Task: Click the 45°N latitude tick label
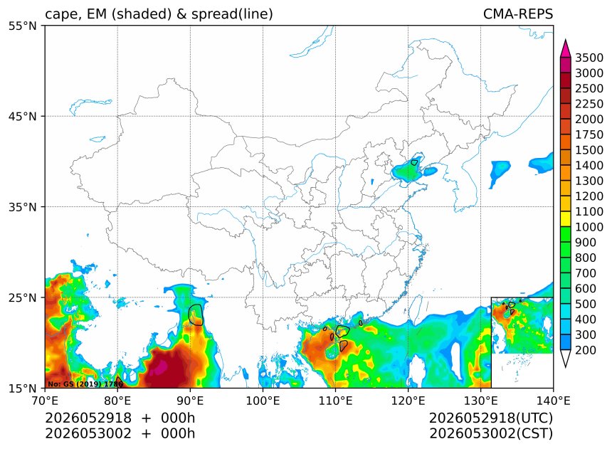(22, 117)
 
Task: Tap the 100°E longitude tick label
(263, 401)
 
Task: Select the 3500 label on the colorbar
(589, 58)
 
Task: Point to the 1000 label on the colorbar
(589, 227)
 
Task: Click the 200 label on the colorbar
(586, 350)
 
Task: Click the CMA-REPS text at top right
(518, 14)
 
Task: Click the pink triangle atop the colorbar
(566, 48)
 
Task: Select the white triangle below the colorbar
(566, 359)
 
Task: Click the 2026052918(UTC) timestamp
(491, 418)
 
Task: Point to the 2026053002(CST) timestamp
(491, 433)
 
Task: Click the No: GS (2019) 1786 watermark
(85, 384)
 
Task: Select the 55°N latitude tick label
(22, 26)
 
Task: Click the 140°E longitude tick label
(553, 401)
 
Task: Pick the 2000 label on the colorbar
(589, 119)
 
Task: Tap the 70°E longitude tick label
(46, 401)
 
